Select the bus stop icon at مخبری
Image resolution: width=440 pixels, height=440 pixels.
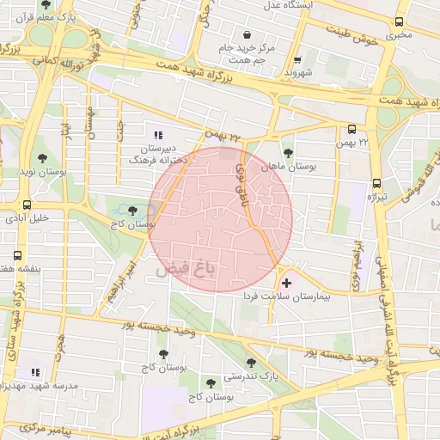point(398,22)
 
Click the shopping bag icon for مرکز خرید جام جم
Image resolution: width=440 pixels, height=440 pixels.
point(247,35)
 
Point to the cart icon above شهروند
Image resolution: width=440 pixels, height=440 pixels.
point(297,60)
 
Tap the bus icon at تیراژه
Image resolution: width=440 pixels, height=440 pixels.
point(376,183)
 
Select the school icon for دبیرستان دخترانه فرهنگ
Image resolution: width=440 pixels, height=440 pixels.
point(157,135)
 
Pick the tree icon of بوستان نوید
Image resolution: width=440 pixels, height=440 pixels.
point(42,158)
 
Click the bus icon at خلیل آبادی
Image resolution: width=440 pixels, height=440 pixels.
point(28,205)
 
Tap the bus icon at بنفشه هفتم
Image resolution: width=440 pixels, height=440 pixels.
point(18,255)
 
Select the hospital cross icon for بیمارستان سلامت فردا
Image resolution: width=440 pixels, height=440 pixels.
point(286,282)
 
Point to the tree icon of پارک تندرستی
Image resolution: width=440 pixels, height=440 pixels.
point(251,363)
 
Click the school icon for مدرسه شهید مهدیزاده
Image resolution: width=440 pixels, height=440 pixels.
point(35,372)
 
